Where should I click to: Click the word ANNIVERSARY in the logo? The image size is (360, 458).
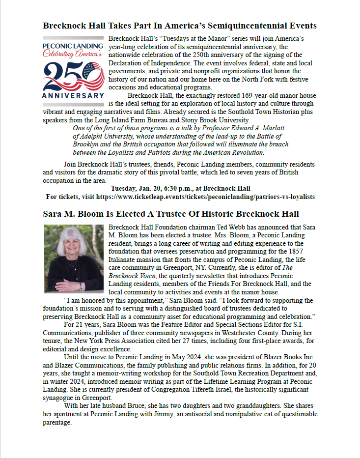[x=73, y=95]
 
